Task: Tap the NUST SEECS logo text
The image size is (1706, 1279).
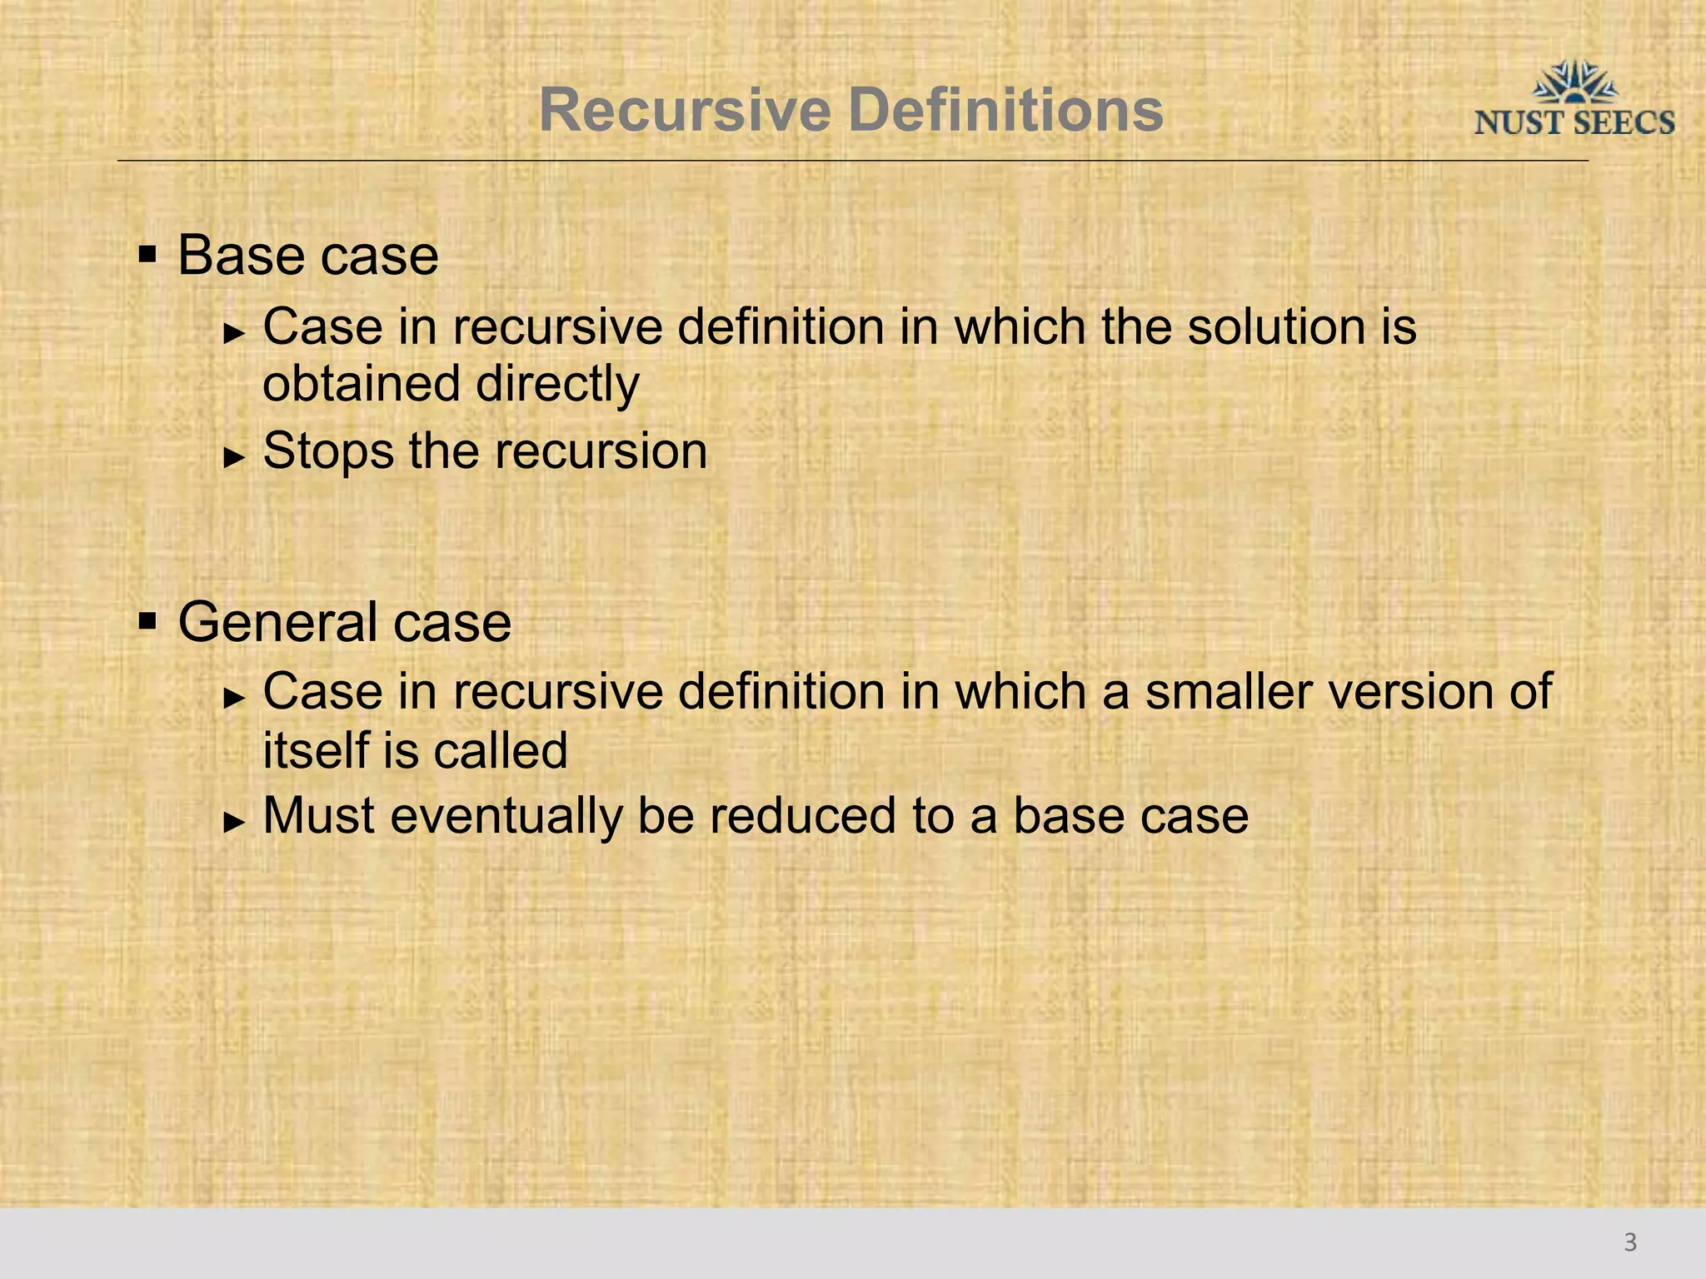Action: point(1574,123)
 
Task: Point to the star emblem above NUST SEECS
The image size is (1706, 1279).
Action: point(1575,82)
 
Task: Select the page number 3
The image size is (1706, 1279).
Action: point(1630,1242)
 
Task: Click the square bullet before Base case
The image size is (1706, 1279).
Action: point(148,253)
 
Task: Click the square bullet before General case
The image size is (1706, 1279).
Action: point(148,620)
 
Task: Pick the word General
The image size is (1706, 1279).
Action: point(278,622)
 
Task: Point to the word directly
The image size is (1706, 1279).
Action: point(557,386)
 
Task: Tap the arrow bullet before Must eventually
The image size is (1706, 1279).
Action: point(235,821)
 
